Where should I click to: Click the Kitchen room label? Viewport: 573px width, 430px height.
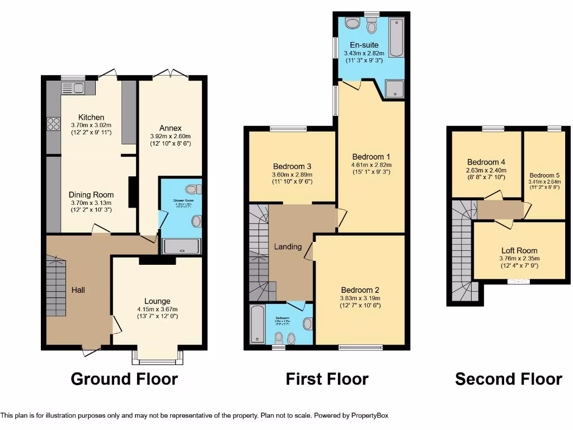(91, 117)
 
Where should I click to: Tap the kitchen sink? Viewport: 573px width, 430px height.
(73, 88)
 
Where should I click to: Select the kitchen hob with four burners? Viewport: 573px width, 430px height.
(54, 123)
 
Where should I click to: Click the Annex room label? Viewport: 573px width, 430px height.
(170, 128)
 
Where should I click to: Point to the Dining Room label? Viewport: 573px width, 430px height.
(91, 195)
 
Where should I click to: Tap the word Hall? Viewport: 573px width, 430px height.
(78, 289)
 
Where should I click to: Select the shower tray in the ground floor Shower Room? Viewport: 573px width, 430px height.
(181, 246)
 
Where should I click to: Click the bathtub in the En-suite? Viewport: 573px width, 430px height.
(396, 38)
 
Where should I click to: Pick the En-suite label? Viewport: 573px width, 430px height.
(364, 45)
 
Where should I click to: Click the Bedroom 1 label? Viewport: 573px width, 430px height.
(371, 157)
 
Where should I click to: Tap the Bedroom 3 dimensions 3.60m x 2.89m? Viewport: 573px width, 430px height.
(292, 175)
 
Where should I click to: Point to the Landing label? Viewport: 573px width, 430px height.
(288, 246)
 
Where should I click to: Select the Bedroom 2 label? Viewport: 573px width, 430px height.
(360, 290)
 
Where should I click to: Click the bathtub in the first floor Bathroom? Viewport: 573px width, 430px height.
(257, 324)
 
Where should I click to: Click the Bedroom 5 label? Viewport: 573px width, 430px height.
(544, 175)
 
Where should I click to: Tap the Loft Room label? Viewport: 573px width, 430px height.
(519, 251)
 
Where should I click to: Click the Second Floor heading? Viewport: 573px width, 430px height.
(508, 379)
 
